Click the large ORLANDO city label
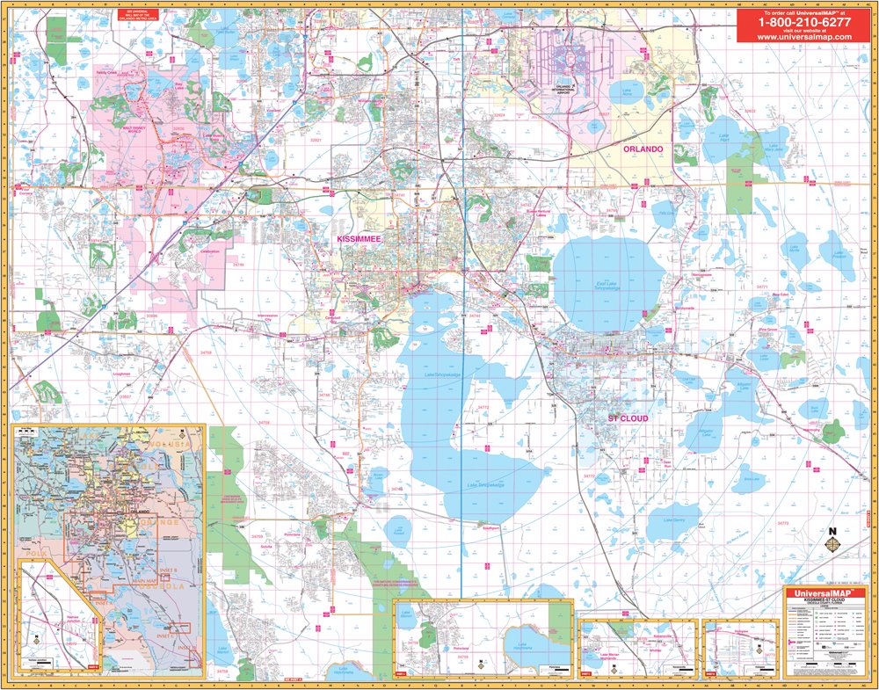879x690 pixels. coord(643,149)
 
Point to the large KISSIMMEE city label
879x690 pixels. coord(361,238)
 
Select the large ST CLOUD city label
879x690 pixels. coord(628,418)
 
